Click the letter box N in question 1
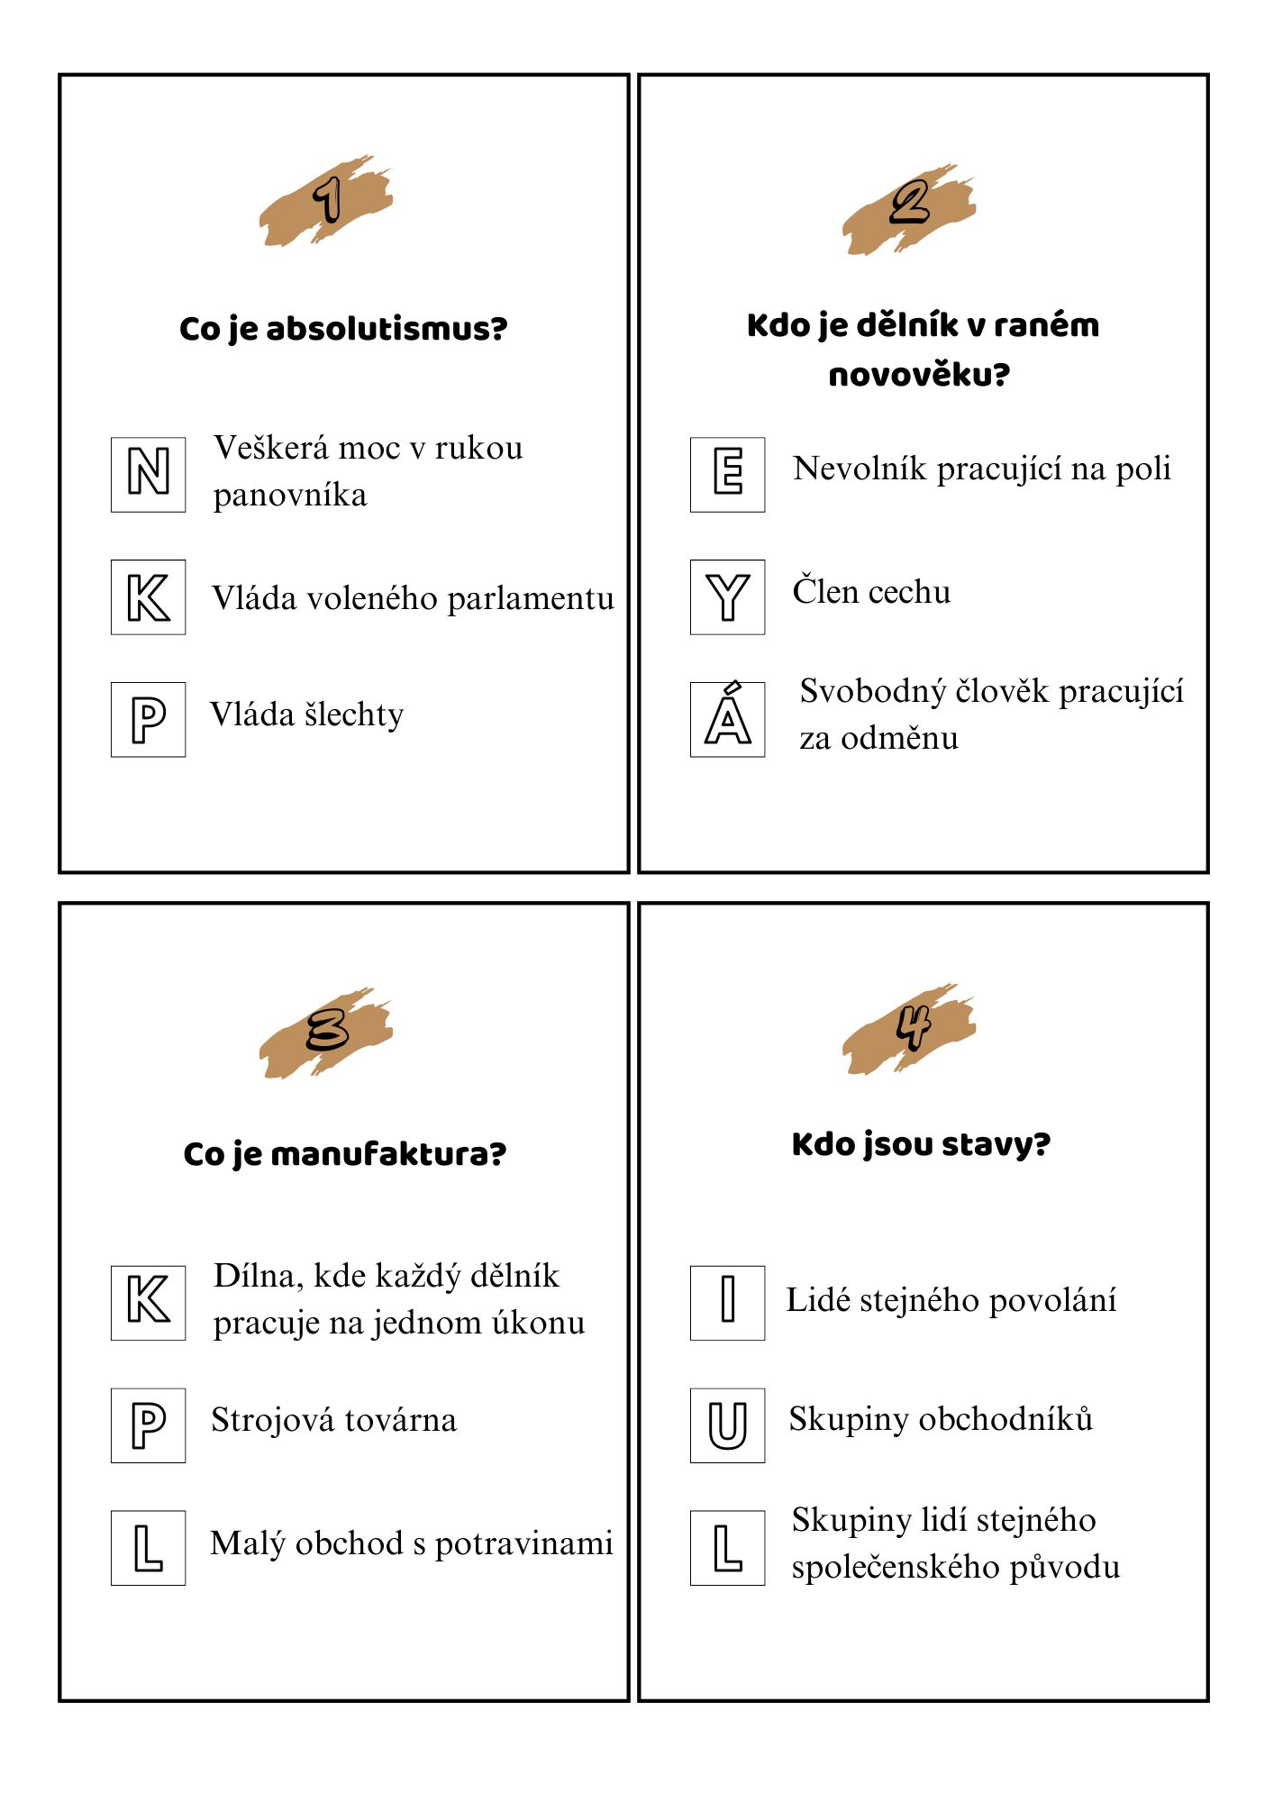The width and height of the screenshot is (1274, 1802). [x=149, y=475]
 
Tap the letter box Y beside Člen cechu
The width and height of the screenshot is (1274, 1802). [x=728, y=597]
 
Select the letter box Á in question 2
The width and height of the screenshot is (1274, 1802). [x=728, y=719]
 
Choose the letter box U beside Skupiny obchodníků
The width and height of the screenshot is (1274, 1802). [x=728, y=1425]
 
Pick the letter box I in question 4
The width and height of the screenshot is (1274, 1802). [x=728, y=1303]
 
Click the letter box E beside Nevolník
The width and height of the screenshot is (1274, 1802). [x=728, y=475]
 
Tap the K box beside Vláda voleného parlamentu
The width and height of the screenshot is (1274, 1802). [x=149, y=597]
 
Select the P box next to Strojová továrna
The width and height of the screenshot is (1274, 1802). [x=149, y=1425]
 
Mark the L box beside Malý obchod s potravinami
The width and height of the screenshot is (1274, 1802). [x=149, y=1548]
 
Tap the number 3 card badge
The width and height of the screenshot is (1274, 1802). [x=327, y=1030]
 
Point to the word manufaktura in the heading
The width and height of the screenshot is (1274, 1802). [x=401, y=1154]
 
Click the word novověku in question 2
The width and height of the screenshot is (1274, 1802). [x=918, y=375]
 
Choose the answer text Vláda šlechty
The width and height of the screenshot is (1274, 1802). [x=307, y=715]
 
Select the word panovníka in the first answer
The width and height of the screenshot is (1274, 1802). [x=290, y=496]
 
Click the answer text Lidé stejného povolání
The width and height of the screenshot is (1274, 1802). [x=951, y=1301]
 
